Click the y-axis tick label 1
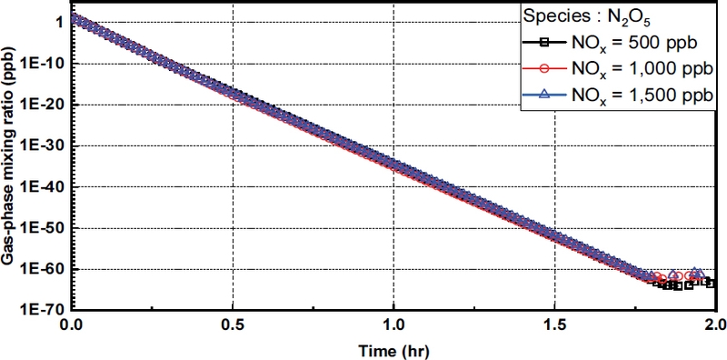(59, 23)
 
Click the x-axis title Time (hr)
(393, 348)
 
